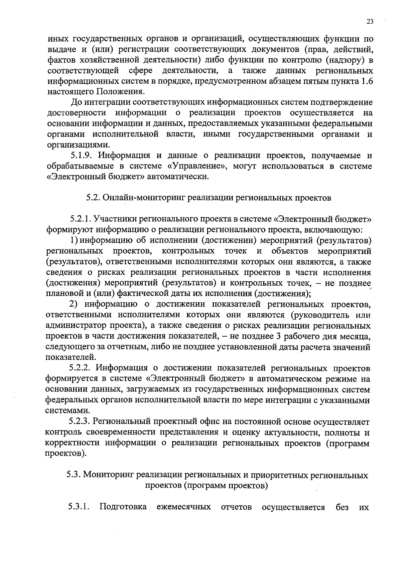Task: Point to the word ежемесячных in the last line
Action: tap(184, 507)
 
